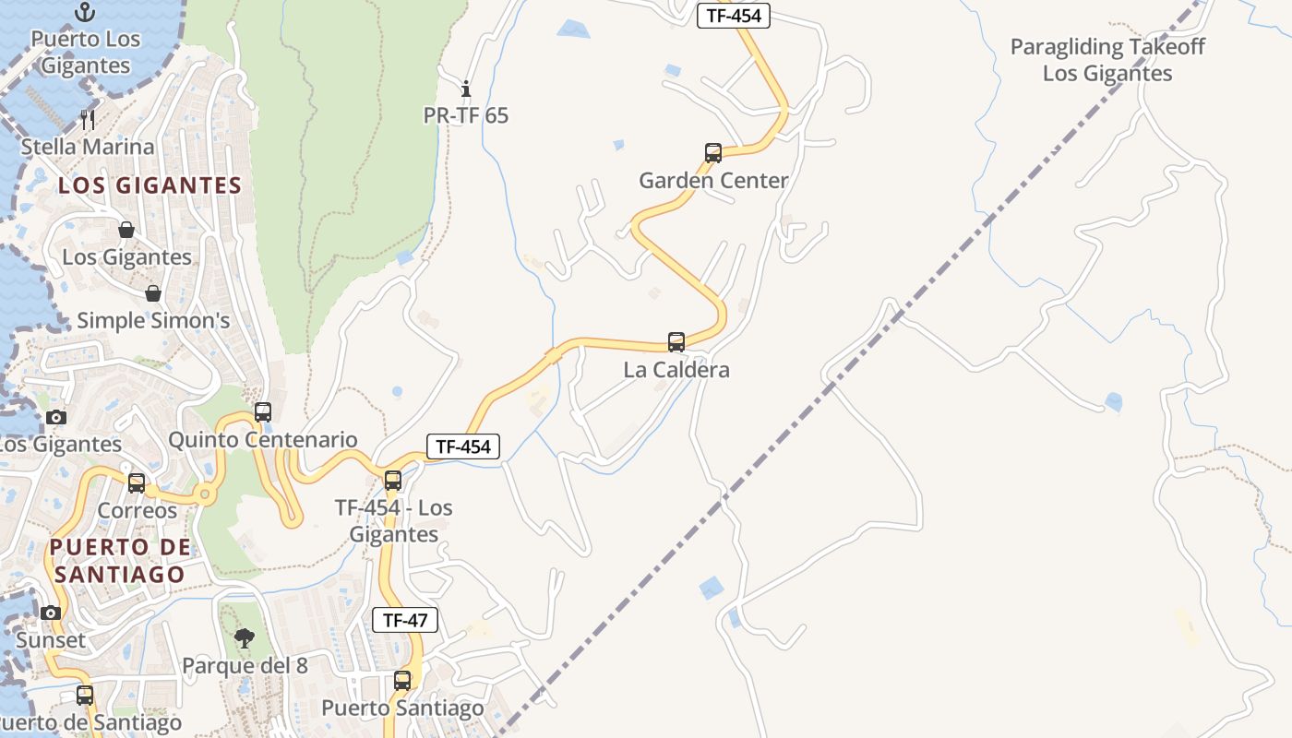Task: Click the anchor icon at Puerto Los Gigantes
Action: point(85,12)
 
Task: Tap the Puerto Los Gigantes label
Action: point(85,52)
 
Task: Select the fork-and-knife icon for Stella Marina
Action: point(88,119)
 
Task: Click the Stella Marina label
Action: point(88,147)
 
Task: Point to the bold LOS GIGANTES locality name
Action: point(150,185)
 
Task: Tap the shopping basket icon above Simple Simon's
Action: point(153,293)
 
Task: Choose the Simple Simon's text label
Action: point(153,321)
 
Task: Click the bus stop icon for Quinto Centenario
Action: point(263,411)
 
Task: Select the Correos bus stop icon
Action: point(137,482)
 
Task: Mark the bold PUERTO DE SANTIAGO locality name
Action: point(120,560)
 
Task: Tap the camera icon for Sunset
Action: point(51,613)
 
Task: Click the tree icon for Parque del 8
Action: point(245,637)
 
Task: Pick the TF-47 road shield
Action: point(405,620)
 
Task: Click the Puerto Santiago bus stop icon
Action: point(402,681)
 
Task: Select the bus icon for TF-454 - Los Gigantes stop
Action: point(393,480)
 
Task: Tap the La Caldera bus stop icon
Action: point(676,342)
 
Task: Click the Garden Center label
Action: point(713,181)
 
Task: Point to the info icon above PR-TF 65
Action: point(466,89)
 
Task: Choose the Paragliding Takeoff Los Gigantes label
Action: point(1107,60)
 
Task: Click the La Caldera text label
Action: point(676,370)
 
